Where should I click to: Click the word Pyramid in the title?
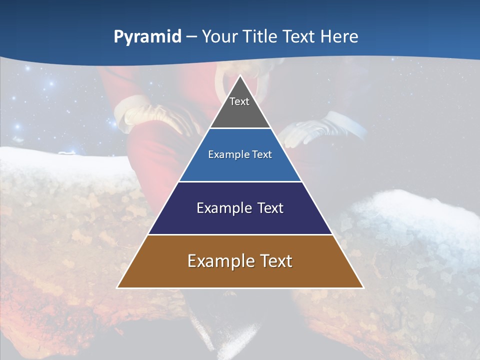[147, 37]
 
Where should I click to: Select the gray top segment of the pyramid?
[240, 112]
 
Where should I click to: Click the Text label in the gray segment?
[239, 101]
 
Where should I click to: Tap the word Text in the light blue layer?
[262, 155]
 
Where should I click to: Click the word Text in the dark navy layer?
[270, 208]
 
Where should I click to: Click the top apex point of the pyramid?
[240, 76]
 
